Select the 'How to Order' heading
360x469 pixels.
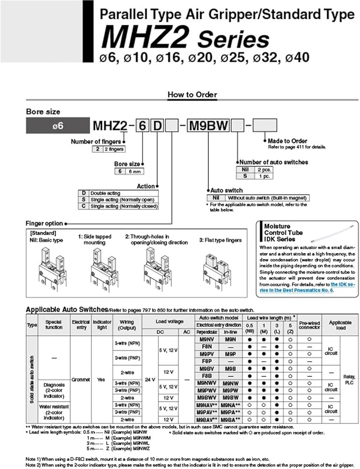coord(193,94)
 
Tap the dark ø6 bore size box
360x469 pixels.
coord(57,126)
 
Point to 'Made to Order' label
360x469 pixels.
coord(287,141)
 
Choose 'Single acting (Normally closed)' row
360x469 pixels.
coord(123,206)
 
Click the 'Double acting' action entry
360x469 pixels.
coord(105,193)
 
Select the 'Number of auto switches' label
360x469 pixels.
coord(274,162)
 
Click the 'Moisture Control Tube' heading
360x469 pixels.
coord(284,232)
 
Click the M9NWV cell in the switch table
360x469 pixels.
coord(206,383)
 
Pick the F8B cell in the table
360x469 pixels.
coord(206,376)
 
